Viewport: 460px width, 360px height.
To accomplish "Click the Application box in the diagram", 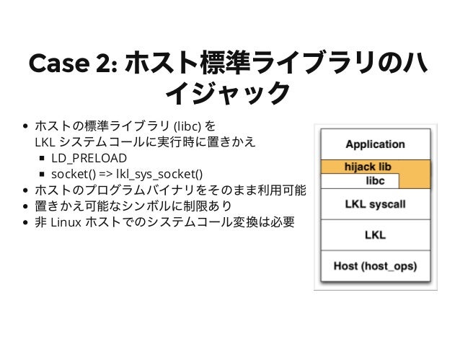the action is tap(375, 144).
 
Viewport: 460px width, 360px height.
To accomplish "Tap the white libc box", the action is tap(375, 180).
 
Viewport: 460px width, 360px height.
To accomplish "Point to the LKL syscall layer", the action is tap(375, 205).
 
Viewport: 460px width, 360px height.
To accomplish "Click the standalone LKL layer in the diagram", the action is tap(375, 235).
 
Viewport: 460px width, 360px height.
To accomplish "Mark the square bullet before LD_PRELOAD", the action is tap(43, 158).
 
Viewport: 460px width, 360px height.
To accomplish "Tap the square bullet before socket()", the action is tap(43, 174).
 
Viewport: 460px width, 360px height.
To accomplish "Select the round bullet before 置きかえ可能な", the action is tap(27, 206).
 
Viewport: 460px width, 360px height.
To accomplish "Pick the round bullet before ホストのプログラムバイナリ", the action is tap(27, 190).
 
